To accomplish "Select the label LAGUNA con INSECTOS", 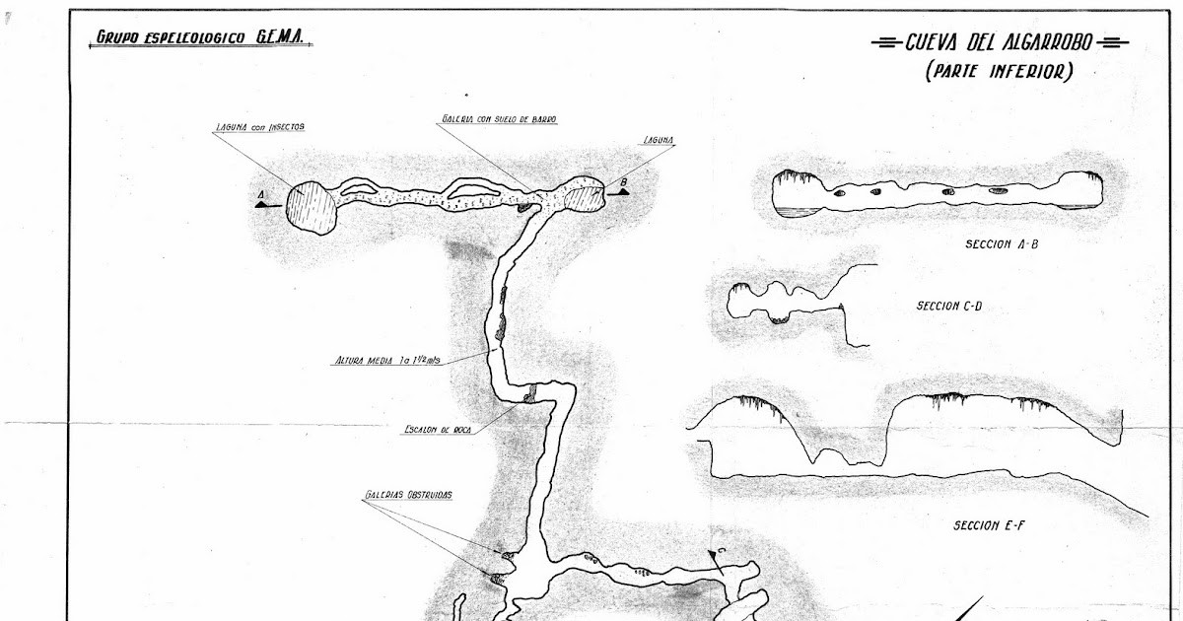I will [x=259, y=128].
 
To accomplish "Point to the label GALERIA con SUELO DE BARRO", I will [x=498, y=119].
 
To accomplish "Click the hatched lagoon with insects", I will [x=311, y=207].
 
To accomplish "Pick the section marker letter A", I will [x=260, y=195].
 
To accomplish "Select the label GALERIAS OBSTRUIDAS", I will [x=406, y=495].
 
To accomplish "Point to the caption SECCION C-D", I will [x=948, y=307].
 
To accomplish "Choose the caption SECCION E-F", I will [x=990, y=525].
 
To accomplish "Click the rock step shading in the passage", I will [x=530, y=394].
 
